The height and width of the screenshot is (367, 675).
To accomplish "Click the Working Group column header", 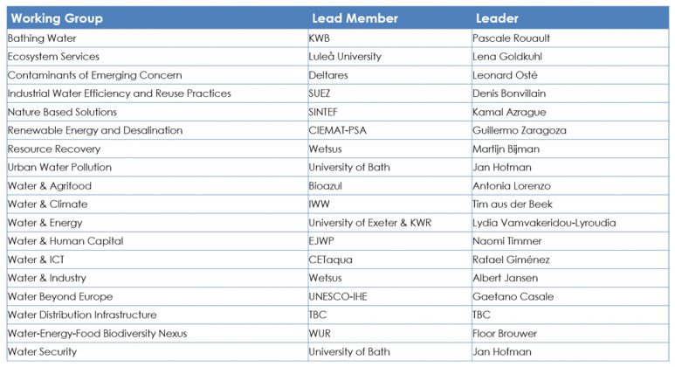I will point(57,18).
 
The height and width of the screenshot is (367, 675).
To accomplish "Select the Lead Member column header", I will point(355,18).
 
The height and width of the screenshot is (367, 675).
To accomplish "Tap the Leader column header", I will point(497,18).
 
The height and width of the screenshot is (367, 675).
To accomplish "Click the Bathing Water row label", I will point(42,38).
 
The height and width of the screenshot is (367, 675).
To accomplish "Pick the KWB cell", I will point(320,38).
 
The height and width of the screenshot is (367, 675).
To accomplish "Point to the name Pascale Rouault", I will point(511,38).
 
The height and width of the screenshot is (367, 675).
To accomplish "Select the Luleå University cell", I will point(345,57).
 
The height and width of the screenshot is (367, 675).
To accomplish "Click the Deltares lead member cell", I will point(328,75).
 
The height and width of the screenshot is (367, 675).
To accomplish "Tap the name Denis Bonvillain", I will point(510,93).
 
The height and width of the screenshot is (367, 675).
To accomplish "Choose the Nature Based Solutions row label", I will point(62,112).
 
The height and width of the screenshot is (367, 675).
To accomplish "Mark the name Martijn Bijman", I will point(506,149).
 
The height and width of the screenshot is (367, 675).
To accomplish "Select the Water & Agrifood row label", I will point(50,186).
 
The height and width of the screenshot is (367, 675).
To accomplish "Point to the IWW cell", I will point(320,204).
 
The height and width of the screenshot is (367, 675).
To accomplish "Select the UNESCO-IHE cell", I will point(338,296).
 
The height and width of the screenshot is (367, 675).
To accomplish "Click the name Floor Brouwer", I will point(505,333).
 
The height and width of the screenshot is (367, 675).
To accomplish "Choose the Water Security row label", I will point(42,351).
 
